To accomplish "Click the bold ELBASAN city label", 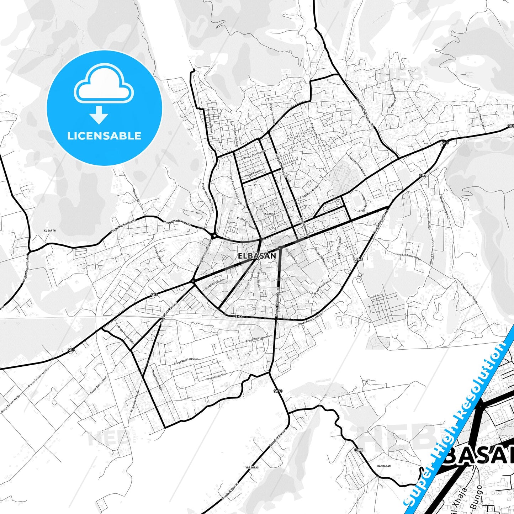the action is coord(256,256).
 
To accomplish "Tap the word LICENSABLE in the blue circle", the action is coord(104,136).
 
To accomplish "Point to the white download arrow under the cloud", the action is coord(99,115).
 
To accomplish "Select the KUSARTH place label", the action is coord(50,230).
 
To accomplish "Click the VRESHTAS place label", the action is coord(252,467).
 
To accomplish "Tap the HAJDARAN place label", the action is coord(384,466).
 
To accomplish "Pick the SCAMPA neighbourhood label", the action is coord(270,214).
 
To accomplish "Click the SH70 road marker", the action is coord(278,391).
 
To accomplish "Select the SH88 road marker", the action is coord(359,450).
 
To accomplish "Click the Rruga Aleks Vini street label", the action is coord(216,377).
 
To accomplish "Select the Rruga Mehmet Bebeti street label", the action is coord(408,256).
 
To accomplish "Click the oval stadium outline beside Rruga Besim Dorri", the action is coord(356,201).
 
